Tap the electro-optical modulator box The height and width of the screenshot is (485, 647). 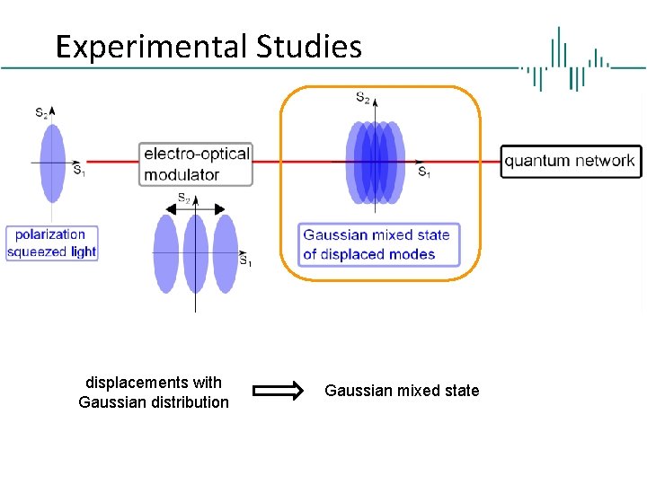click(x=196, y=163)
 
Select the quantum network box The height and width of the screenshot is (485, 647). click(x=571, y=162)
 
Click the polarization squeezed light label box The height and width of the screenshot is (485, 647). click(x=51, y=243)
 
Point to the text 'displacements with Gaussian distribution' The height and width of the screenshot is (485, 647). click(x=154, y=392)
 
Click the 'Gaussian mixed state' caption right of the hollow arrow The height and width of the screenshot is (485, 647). click(x=402, y=391)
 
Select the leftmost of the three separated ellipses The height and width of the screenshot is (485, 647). click(x=166, y=253)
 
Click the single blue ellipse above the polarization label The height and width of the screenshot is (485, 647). click(x=53, y=163)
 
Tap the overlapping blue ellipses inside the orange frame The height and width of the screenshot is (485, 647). click(x=375, y=162)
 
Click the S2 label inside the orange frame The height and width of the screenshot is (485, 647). click(x=362, y=97)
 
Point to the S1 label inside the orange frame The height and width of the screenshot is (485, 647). click(x=423, y=172)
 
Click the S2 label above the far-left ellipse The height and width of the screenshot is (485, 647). click(x=41, y=112)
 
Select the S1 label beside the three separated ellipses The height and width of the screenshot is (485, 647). click(x=244, y=261)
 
